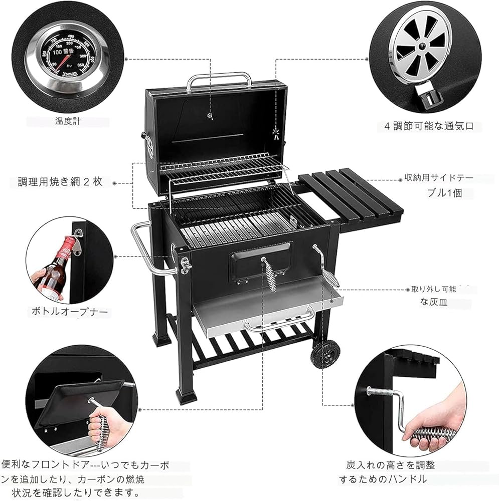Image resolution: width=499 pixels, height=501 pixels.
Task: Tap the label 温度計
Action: tap(68, 121)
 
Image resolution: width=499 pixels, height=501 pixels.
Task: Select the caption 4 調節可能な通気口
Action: tap(429, 126)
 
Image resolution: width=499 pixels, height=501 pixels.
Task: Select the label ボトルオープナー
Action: tap(69, 312)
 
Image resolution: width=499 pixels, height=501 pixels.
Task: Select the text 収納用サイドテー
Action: tap(439, 178)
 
